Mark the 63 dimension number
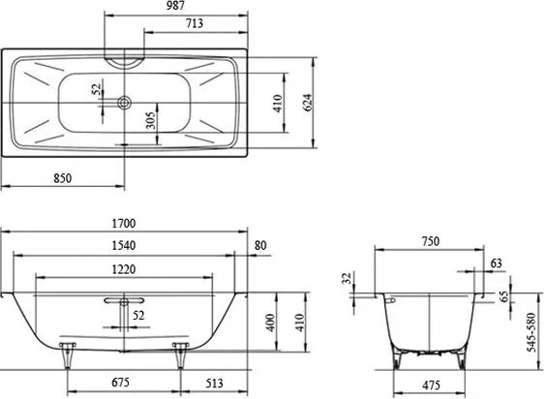click(x=497, y=262)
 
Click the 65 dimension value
click(x=503, y=296)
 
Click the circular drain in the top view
click(x=124, y=101)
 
